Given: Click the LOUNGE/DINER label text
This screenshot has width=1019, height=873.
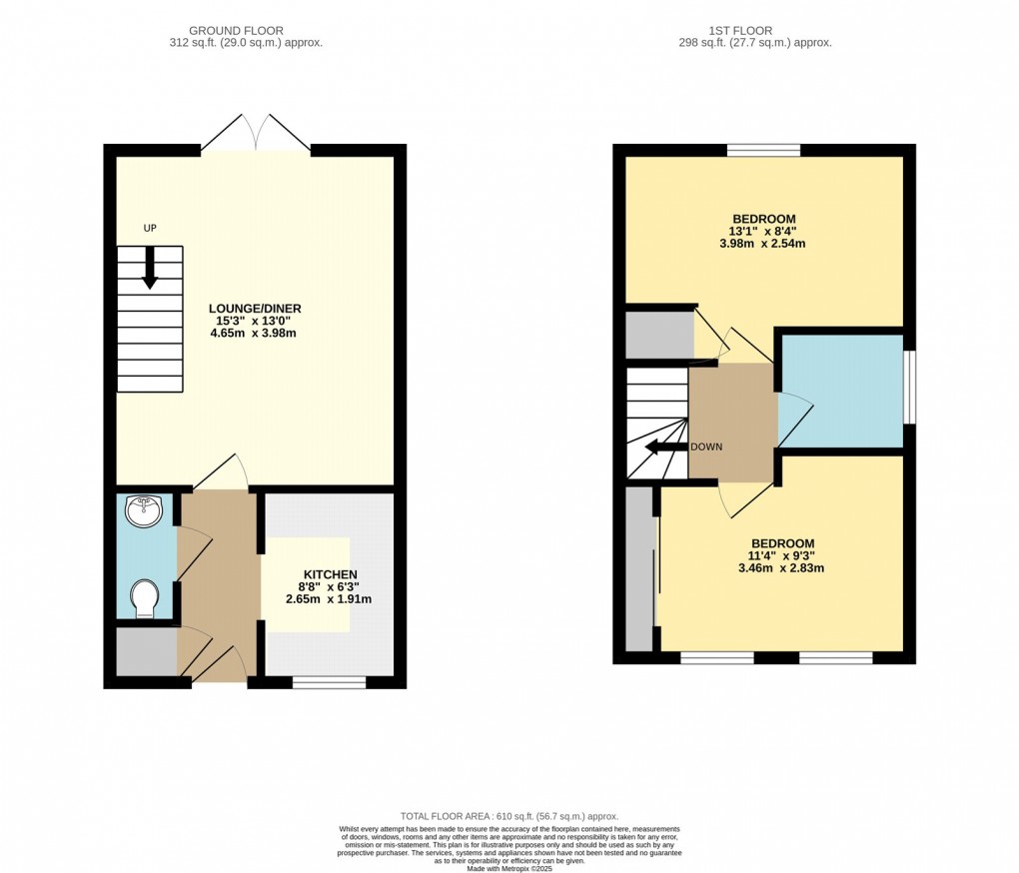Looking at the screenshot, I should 255,308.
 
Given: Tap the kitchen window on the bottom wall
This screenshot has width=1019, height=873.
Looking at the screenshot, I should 329,682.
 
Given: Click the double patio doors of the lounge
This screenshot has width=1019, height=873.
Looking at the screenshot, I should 256,135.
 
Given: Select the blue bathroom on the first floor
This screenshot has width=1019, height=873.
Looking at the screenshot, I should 841,390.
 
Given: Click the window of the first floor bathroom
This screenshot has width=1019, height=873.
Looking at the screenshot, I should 908,388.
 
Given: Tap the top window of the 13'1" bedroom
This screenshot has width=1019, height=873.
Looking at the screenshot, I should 763,151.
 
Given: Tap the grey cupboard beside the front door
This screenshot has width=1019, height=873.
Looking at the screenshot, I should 146,651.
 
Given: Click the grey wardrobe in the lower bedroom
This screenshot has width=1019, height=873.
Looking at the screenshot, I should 639,570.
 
